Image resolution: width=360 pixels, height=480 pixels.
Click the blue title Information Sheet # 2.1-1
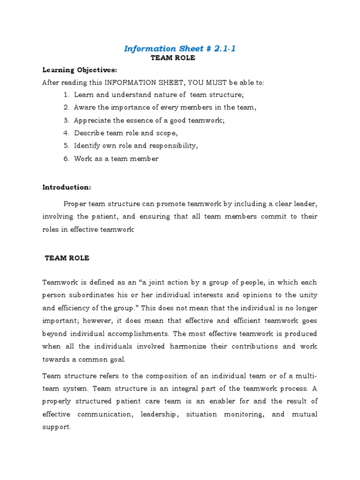pyautogui.click(x=180, y=49)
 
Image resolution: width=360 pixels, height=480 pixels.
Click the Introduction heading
pyautogui.click(x=67, y=187)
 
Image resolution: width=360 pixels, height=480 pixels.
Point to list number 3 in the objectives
pyautogui.click(x=66, y=120)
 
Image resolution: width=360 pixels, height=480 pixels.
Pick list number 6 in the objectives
pyautogui.click(x=66, y=158)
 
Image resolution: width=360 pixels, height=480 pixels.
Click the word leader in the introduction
pyautogui.click(x=305, y=204)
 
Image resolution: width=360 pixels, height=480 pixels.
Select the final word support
pyautogui.click(x=56, y=427)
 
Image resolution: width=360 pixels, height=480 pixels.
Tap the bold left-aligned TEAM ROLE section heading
pyautogui.click(x=67, y=258)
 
